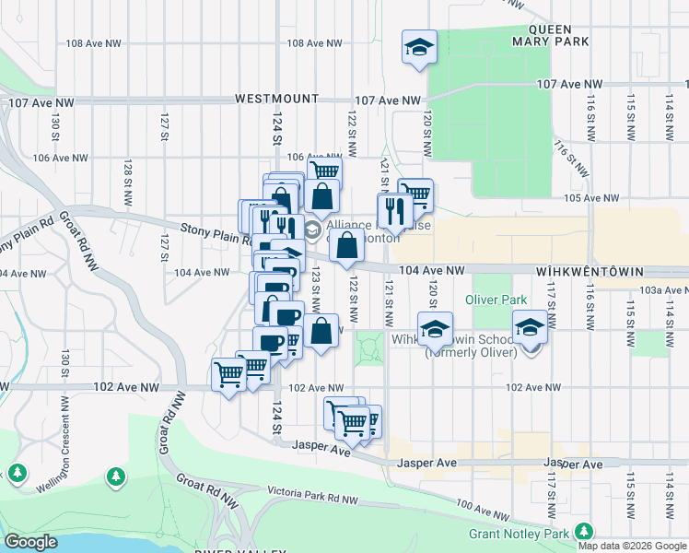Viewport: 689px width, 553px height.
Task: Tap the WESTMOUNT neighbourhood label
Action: [x=276, y=99]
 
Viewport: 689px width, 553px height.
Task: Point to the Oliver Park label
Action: [x=496, y=300]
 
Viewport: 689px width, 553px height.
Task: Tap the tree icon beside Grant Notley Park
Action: [x=583, y=532]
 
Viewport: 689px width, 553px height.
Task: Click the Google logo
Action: [x=31, y=542]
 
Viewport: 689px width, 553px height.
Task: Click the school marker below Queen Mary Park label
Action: [x=419, y=47]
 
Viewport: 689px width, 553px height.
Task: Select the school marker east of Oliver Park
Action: [x=531, y=329]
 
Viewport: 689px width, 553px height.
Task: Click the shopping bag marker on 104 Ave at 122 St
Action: [x=346, y=247]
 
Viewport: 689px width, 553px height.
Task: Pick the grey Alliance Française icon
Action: [x=312, y=228]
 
